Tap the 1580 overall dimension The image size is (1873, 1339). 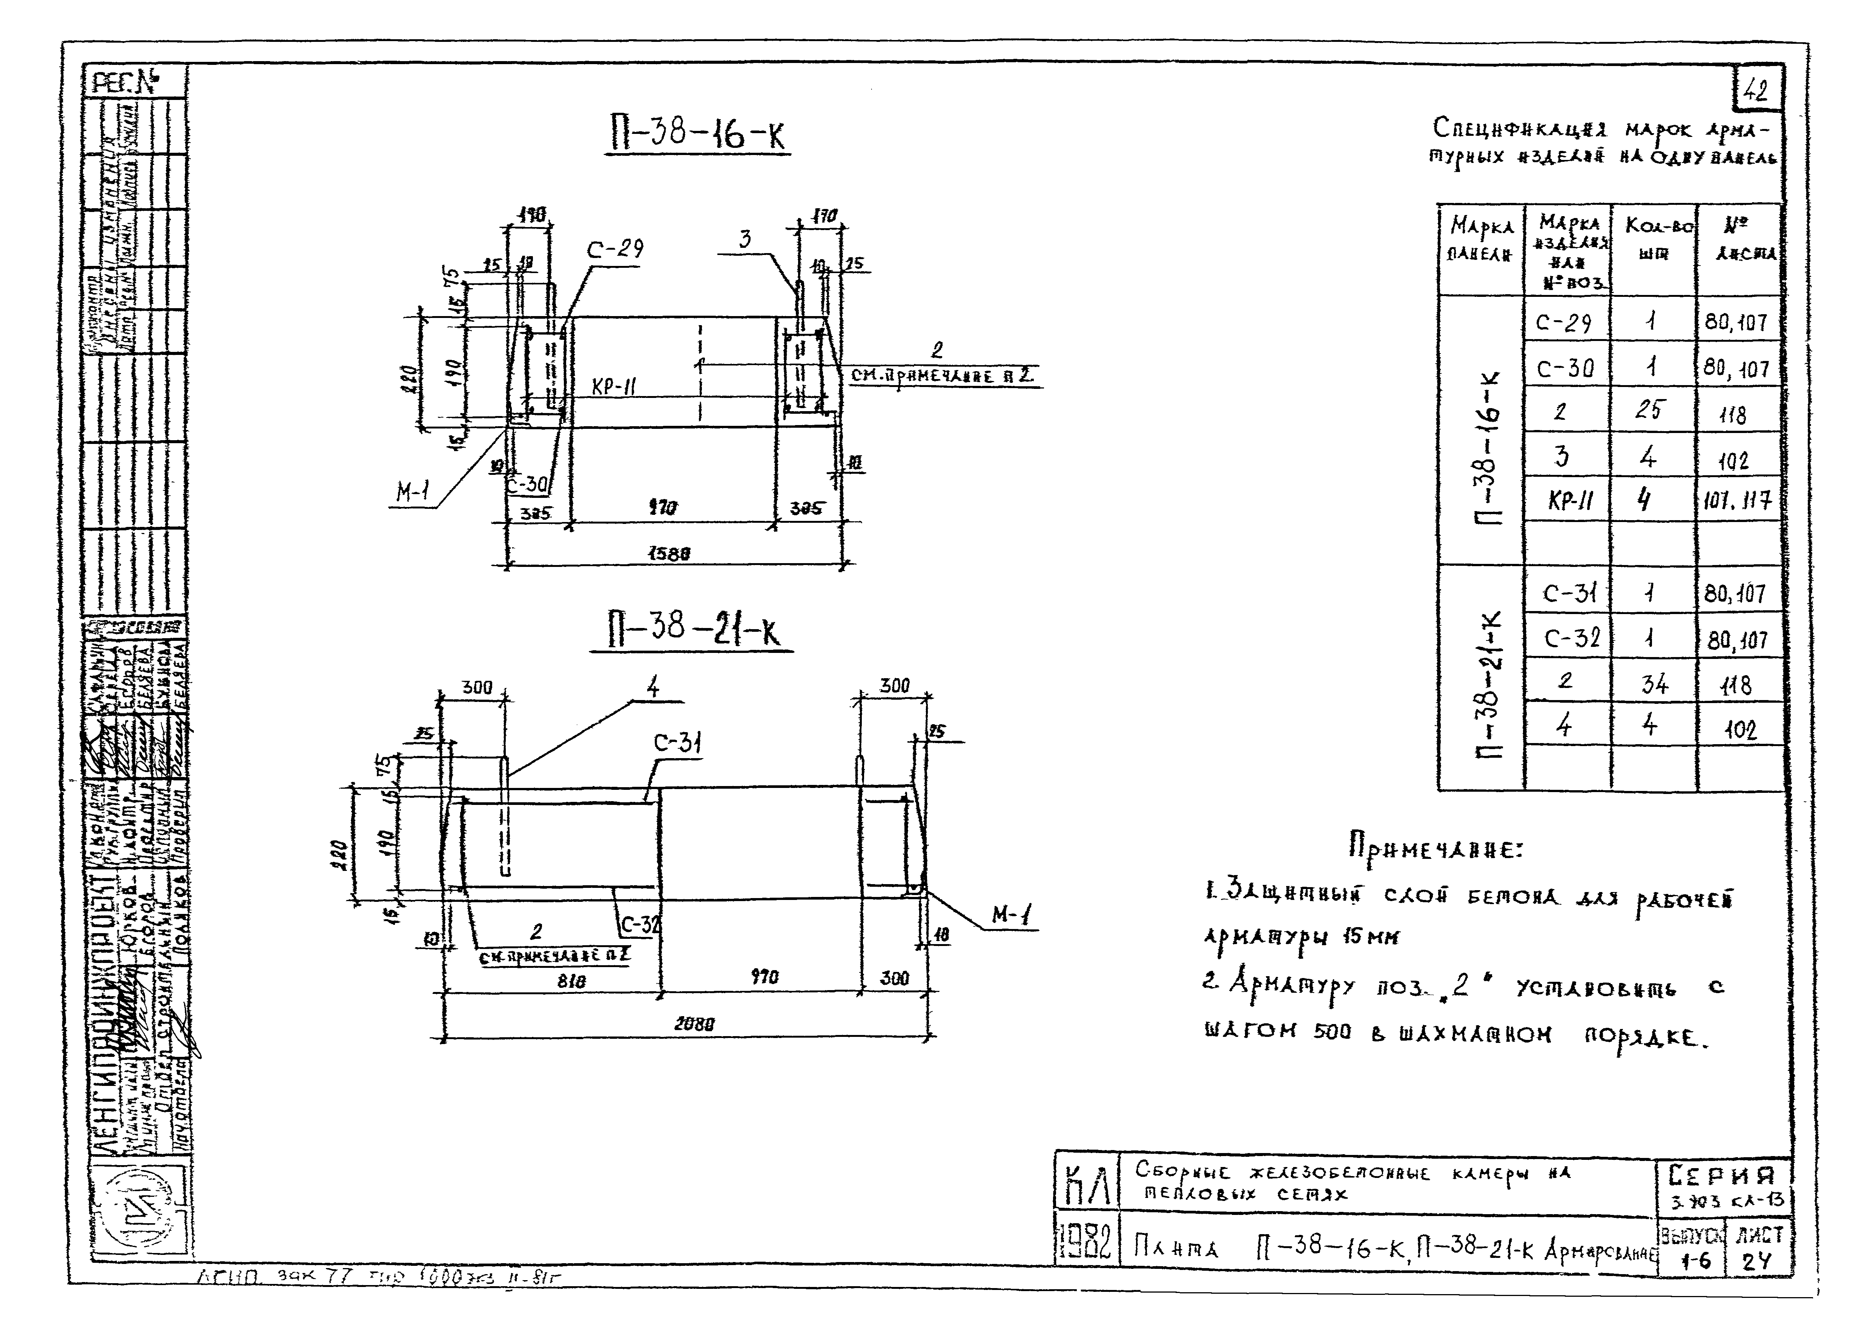(x=669, y=555)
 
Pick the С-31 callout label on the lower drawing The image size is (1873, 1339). (x=678, y=744)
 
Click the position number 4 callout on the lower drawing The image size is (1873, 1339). (x=654, y=687)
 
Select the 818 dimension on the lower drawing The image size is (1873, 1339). (x=571, y=982)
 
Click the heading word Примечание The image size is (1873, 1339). (x=1434, y=847)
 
